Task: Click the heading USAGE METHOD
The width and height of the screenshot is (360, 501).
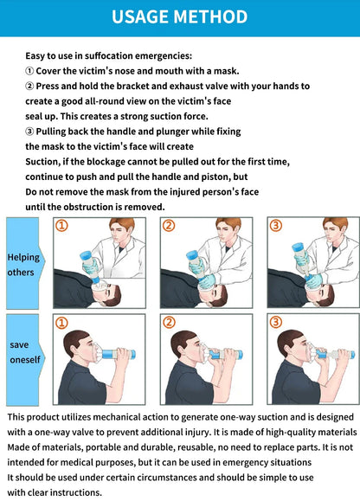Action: (x=180, y=17)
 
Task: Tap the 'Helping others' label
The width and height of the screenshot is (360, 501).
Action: (x=23, y=264)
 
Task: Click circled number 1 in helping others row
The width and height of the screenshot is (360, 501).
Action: (x=61, y=226)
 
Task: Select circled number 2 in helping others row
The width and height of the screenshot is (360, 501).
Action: (x=169, y=226)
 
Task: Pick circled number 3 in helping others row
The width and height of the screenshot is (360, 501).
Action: (x=276, y=226)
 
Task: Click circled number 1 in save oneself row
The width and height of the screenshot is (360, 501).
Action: (x=61, y=323)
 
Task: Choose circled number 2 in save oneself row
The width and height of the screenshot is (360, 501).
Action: (x=169, y=323)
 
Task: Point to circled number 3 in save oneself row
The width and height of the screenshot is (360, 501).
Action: (x=276, y=323)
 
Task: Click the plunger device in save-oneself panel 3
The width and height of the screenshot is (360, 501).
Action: (x=333, y=354)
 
